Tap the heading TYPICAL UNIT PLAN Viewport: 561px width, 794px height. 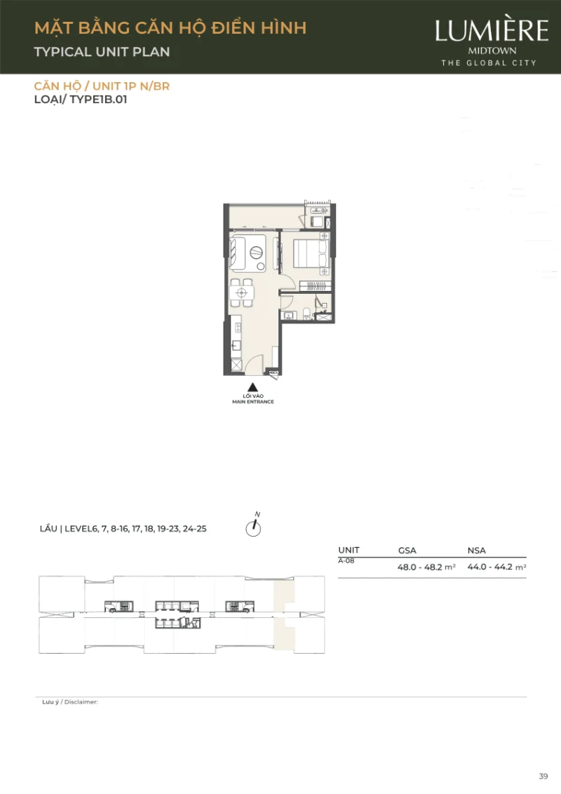102,52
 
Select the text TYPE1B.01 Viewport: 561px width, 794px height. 98,100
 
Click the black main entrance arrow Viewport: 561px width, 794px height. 252,387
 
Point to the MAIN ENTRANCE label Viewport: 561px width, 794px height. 253,401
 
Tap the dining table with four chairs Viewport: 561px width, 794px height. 241,292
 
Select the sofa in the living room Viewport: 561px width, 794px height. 238,253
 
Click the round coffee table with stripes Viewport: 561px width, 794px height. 256,252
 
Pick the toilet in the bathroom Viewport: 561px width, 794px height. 307,314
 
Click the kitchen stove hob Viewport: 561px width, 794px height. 237,327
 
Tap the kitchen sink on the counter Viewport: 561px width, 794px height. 236,346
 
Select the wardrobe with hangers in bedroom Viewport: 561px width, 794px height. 315,286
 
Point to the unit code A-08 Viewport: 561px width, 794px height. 346,561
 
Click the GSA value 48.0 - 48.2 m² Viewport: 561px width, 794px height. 426,567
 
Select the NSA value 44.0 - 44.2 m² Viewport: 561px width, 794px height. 496,567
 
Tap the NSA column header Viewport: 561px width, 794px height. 476,551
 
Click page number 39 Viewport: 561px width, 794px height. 543,776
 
